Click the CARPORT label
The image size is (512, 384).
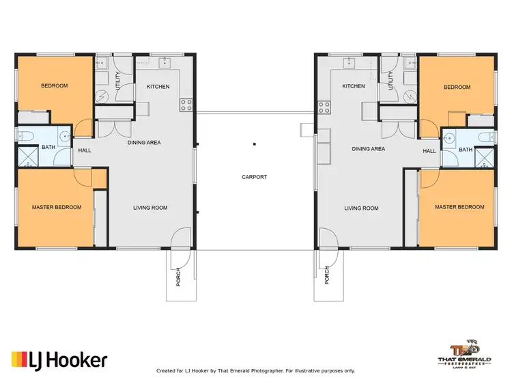point(254,177)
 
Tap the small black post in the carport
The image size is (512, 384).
point(254,144)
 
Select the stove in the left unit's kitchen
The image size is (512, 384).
point(185,105)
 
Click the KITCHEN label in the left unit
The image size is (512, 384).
point(158,87)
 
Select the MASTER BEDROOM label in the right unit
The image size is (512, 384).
point(459,207)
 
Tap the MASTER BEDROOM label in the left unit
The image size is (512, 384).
point(57,207)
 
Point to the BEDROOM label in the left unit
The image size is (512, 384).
point(54,86)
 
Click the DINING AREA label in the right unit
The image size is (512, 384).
point(368,148)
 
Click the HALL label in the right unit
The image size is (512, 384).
point(429,151)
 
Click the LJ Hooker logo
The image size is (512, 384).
point(59,359)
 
